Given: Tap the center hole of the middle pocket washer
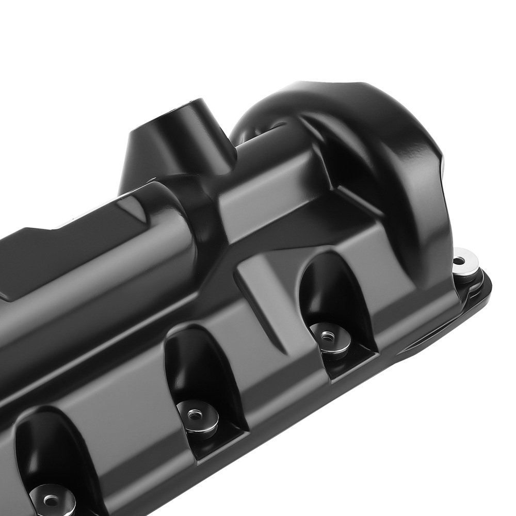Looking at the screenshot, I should click(194, 413).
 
